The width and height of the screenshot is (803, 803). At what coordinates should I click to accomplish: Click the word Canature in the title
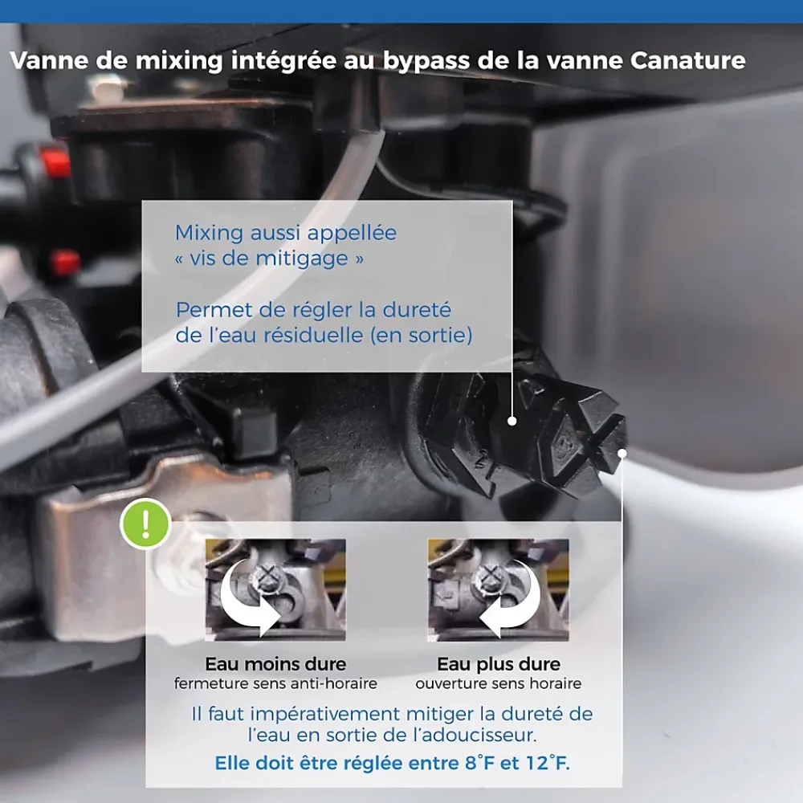688,60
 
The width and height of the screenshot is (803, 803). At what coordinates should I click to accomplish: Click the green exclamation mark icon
145,524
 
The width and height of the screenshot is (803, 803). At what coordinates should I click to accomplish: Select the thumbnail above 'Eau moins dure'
275,589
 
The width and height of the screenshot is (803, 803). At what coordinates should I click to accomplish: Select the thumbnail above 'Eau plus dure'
499,589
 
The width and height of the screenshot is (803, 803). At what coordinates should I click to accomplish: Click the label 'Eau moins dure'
275,664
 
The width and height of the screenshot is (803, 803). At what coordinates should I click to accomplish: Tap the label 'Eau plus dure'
499,665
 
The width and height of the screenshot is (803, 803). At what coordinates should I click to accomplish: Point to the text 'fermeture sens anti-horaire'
275,683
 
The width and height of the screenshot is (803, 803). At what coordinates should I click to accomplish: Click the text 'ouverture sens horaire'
499,683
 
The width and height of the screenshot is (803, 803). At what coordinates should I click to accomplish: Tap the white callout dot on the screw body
512,421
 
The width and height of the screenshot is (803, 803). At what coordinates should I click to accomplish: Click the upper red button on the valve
55,160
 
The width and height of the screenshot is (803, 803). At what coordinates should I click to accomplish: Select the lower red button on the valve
66,263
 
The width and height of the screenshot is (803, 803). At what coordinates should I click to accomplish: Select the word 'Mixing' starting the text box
209,234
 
